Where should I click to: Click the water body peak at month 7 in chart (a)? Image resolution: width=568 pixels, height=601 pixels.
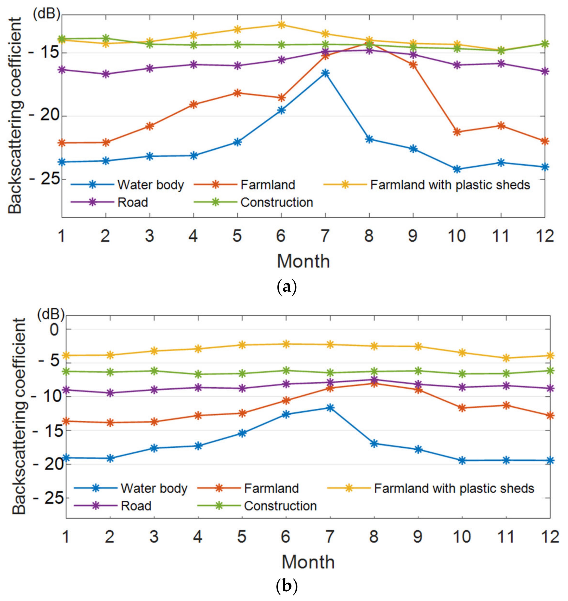click(x=325, y=73)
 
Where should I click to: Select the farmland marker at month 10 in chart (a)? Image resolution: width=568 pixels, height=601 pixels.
click(x=457, y=132)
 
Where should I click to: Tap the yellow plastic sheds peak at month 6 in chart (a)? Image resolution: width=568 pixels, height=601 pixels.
click(x=281, y=25)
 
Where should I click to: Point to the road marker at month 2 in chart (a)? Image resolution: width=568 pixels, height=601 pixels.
click(x=105, y=74)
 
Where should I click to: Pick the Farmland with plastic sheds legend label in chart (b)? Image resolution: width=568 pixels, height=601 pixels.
click(x=454, y=488)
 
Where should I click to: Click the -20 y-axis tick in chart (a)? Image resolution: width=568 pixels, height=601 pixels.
click(x=43, y=116)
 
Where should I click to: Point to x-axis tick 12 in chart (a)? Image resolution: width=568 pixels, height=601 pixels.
click(x=544, y=236)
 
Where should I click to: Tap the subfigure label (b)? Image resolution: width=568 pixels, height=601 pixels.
click(x=287, y=587)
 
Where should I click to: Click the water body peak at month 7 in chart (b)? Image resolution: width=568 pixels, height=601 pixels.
click(x=330, y=408)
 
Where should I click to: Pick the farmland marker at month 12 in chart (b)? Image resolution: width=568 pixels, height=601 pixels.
click(x=550, y=416)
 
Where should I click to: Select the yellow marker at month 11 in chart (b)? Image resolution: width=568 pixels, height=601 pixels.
click(x=506, y=358)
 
